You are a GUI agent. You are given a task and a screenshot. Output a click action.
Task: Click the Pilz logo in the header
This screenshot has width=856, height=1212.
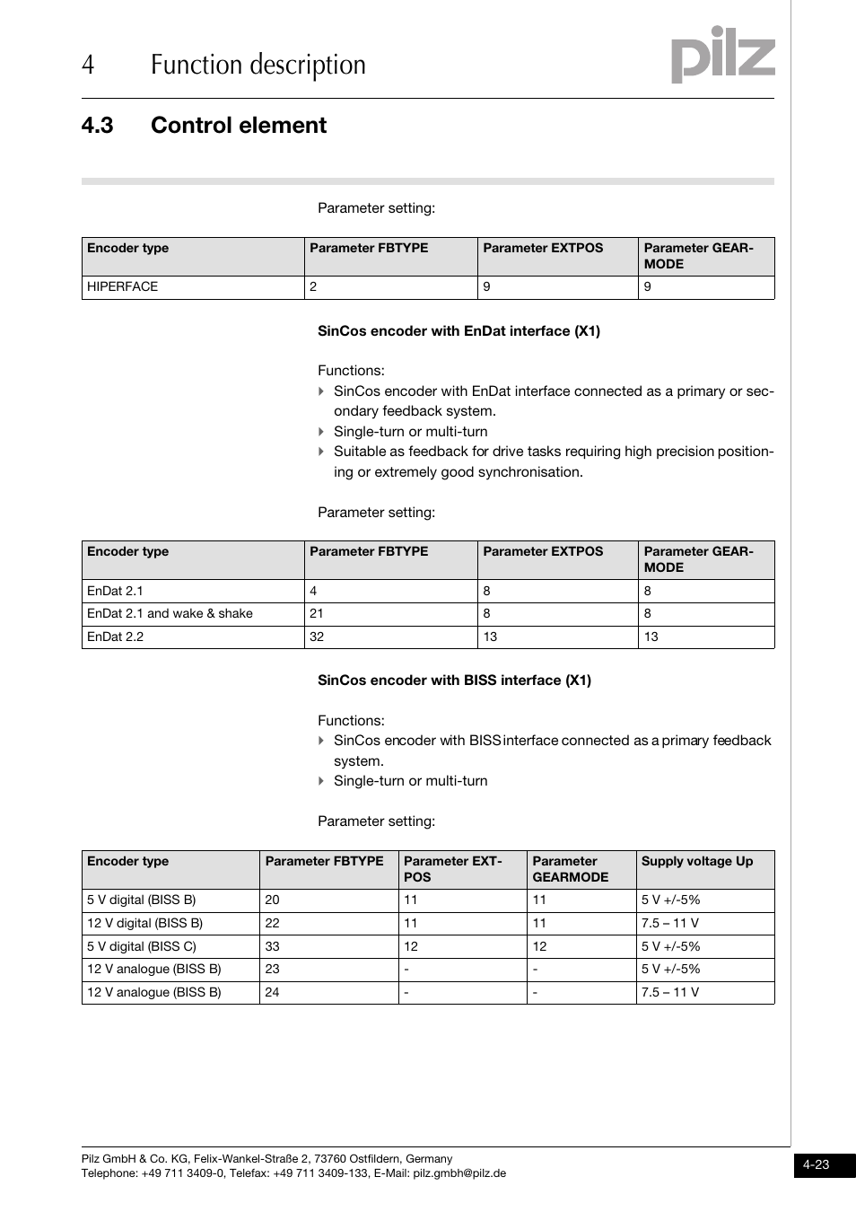click(x=722, y=55)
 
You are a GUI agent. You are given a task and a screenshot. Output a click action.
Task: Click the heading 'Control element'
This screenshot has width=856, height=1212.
click(x=238, y=126)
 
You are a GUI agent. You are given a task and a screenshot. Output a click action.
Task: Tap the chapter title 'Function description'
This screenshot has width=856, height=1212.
click(x=258, y=66)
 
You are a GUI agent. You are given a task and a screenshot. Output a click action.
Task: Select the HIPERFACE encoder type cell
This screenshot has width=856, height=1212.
click(x=122, y=287)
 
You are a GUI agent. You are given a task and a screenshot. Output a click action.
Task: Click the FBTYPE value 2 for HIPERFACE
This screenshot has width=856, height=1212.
click(x=313, y=287)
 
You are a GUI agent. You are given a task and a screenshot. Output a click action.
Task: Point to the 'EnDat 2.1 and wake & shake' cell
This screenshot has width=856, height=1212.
click(x=170, y=614)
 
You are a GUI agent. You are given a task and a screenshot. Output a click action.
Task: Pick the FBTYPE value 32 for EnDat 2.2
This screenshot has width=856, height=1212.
click(x=317, y=637)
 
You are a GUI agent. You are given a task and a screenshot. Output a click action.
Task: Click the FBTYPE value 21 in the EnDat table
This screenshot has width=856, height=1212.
click(x=317, y=614)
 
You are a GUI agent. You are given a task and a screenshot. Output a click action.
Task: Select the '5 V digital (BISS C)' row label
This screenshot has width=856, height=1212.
click(x=141, y=946)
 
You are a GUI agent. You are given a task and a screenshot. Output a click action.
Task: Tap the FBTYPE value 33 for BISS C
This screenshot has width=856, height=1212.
click(x=272, y=946)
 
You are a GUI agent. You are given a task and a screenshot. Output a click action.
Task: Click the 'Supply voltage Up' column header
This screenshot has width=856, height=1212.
click(x=696, y=862)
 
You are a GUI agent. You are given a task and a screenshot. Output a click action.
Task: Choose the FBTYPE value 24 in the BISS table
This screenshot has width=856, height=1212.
click(x=272, y=992)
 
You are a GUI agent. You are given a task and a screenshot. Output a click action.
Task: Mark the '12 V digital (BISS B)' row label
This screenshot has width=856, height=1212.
click(x=144, y=923)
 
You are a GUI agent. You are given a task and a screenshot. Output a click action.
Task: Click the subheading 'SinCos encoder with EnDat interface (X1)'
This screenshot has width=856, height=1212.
click(x=459, y=331)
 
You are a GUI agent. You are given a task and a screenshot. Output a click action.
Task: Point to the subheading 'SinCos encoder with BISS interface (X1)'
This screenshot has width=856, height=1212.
click(x=454, y=681)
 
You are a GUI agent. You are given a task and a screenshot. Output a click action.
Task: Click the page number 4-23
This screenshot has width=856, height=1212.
click(x=816, y=1165)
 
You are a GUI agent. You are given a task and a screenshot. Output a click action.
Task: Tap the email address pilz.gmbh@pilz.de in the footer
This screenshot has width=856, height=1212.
click(x=459, y=1173)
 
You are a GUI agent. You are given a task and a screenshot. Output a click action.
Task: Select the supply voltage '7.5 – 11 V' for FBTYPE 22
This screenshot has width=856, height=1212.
click(x=669, y=923)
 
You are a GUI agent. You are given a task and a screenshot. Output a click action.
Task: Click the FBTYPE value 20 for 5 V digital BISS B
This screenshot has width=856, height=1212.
click(x=272, y=900)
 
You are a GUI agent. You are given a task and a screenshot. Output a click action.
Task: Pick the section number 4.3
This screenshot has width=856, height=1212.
click(x=97, y=126)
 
